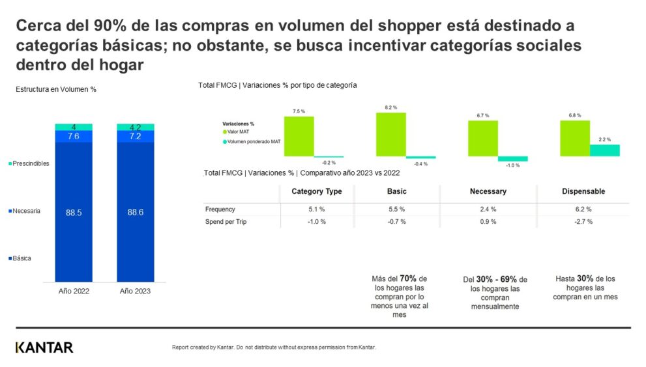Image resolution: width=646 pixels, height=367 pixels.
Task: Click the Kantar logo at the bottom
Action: point(44,347)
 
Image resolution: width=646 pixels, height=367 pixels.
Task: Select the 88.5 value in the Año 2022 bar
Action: point(73,212)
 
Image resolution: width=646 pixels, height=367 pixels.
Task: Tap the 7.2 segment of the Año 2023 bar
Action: point(136,136)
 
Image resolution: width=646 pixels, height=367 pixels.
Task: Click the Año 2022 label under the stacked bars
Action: point(73,291)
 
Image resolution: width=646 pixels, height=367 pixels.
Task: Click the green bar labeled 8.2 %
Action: point(390,134)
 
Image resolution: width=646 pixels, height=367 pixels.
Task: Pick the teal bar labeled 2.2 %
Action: point(605,150)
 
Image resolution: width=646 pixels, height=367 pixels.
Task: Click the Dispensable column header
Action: point(583,191)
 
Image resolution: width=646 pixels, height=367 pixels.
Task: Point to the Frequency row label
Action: point(220,209)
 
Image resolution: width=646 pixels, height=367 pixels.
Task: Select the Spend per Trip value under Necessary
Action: point(488,222)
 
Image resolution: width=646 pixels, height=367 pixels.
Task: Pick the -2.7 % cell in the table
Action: point(583,222)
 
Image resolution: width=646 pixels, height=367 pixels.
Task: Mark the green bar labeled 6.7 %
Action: point(483,138)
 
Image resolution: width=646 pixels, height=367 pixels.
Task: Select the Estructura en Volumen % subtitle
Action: point(56,89)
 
